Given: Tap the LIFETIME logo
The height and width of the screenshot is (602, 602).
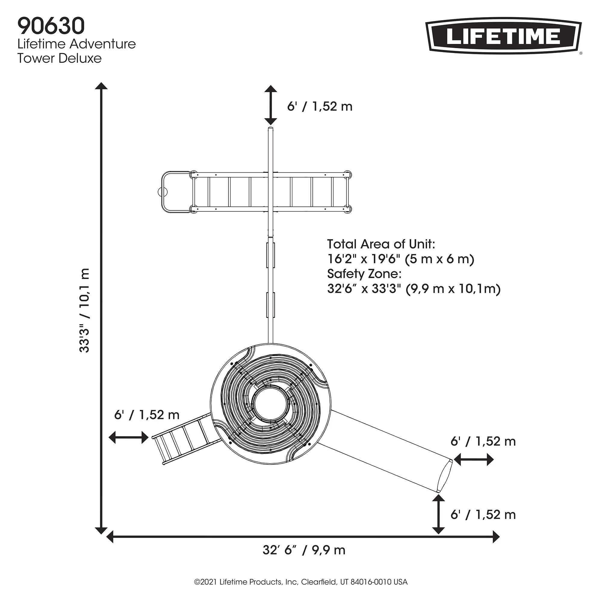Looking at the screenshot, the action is click(504, 36).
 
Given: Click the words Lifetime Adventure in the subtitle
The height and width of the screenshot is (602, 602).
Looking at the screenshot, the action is click(77, 44).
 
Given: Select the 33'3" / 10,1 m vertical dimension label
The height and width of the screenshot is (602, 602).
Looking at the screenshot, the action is click(85, 310).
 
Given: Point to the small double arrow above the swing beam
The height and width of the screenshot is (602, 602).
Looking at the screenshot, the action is click(271, 105).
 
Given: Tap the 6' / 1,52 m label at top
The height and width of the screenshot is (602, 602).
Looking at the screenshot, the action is click(320, 107).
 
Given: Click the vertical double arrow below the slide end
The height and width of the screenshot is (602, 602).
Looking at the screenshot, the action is click(439, 514).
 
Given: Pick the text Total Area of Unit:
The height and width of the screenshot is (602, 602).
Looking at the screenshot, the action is click(381, 244).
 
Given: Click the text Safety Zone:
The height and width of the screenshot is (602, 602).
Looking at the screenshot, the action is click(364, 274).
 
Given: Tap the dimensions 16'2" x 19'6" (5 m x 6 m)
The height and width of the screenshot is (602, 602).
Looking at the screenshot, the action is click(401, 259).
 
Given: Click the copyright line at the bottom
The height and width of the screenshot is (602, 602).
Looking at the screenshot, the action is click(301, 582).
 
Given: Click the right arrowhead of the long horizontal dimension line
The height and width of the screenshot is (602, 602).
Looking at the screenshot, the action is click(496, 537).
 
